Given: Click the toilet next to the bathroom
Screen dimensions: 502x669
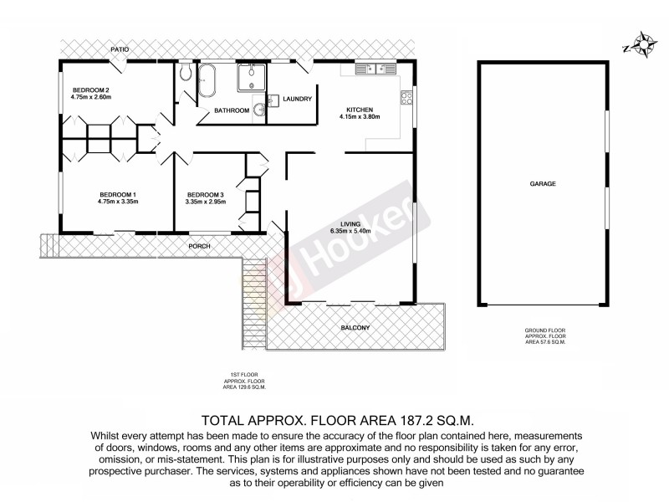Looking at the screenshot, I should pyautogui.click(x=185, y=75).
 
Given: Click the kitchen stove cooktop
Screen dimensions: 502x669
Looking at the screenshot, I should pyautogui.click(x=407, y=98).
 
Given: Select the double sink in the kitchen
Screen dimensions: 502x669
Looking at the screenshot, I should pyautogui.click(x=375, y=69).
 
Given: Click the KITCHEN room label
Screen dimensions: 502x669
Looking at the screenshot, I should pyautogui.click(x=360, y=109).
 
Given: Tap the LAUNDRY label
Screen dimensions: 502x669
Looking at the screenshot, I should pyautogui.click(x=298, y=100).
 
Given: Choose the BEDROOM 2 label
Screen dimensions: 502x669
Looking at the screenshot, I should pyautogui.click(x=91, y=90).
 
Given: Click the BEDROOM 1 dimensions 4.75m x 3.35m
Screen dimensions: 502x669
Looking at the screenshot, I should pyautogui.click(x=117, y=202).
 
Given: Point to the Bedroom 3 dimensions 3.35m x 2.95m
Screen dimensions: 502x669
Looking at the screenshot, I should pyautogui.click(x=207, y=202).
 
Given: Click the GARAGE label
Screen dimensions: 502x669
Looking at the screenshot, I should pyautogui.click(x=542, y=183).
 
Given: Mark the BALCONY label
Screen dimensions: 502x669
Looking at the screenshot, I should pyautogui.click(x=356, y=327).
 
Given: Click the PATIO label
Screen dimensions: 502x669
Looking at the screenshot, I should pyautogui.click(x=121, y=50).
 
